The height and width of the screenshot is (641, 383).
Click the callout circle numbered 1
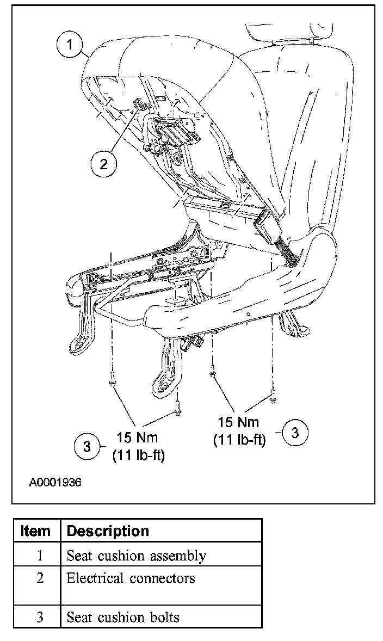coord(71,45)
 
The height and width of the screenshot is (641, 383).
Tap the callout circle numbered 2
coord(103,163)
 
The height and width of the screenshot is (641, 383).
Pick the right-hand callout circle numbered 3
coord(295,433)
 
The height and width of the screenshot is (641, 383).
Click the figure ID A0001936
coord(55,482)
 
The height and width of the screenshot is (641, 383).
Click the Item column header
coord(35,531)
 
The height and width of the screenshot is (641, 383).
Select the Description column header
coord(108,531)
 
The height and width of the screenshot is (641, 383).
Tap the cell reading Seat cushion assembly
coord(136,556)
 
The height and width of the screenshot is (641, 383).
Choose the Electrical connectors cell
coord(131,578)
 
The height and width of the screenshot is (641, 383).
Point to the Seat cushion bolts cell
coord(123,617)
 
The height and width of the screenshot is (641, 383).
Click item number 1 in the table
coord(40,556)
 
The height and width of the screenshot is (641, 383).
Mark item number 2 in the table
coord(40,578)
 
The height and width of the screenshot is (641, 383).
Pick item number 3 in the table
coord(40,617)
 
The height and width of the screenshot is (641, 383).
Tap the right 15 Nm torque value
coord(238,422)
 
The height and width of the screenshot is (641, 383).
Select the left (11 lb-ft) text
coord(139,455)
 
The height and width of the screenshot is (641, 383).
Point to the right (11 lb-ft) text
coord(239,440)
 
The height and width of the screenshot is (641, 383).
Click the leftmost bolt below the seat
coord(111,380)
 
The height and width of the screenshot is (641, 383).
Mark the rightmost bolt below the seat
coord(273,399)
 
